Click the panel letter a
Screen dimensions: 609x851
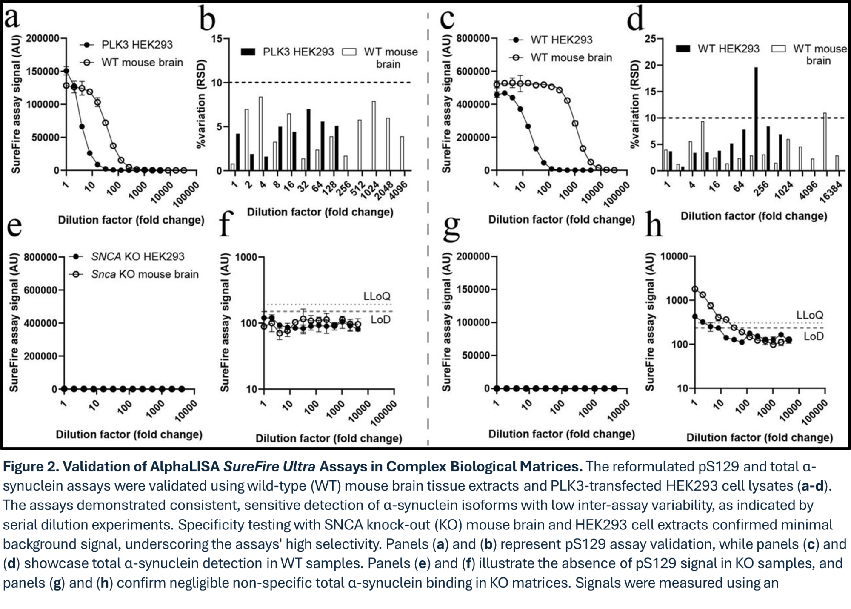click(x=12, y=18)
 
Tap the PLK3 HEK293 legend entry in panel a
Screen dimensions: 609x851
click(x=137, y=45)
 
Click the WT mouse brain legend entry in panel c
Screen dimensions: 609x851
click(x=571, y=57)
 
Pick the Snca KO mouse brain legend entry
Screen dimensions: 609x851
click(x=145, y=274)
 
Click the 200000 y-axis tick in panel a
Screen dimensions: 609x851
click(x=43, y=38)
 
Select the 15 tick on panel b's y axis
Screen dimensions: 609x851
click(x=217, y=39)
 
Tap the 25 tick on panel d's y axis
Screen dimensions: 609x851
click(x=651, y=39)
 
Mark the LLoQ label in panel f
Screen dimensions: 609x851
click(x=377, y=296)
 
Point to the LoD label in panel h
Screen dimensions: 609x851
click(x=814, y=336)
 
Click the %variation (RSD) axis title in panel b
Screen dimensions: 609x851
click(x=201, y=104)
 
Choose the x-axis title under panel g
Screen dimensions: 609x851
click(x=561, y=434)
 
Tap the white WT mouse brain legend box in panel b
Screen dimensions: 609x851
click(x=349, y=52)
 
